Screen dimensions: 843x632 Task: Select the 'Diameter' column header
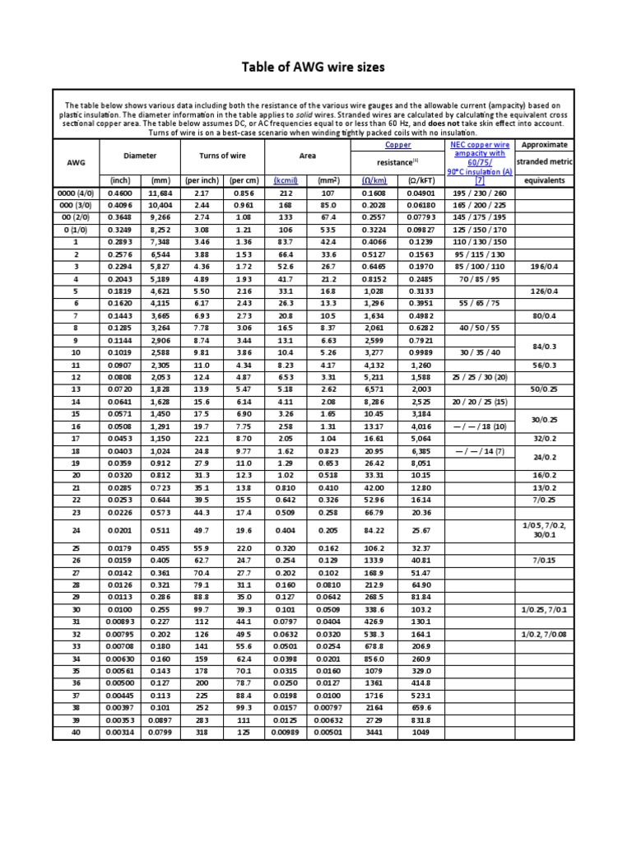[x=139, y=155]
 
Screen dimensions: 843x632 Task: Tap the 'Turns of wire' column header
[x=221, y=155]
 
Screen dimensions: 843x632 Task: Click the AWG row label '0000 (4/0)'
[x=75, y=192]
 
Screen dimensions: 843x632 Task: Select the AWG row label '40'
[x=76, y=732]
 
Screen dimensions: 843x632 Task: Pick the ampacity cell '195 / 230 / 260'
[x=479, y=192]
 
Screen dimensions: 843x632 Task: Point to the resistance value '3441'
[x=374, y=732]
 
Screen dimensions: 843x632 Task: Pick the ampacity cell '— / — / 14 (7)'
[x=479, y=451]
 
